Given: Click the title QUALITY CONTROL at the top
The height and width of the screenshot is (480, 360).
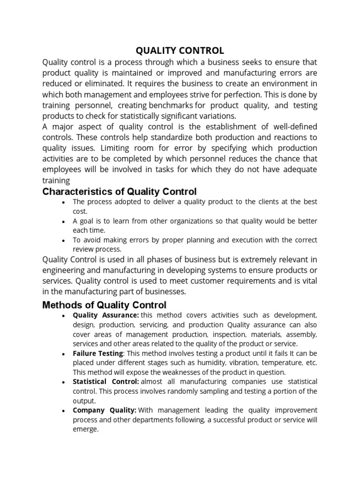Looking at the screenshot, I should coord(180,50).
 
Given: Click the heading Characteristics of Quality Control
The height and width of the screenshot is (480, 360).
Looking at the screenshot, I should coord(120,191).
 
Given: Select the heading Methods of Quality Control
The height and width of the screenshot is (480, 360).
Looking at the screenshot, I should coord(104,305).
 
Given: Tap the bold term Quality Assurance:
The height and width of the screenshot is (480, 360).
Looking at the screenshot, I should coord(106,315).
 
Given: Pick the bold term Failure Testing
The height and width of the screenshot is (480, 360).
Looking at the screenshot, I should coord(98,353).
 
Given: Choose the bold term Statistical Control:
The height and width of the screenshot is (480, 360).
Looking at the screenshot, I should coord(106,382).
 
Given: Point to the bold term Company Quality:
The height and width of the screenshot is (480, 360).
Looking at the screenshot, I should coord(105,410).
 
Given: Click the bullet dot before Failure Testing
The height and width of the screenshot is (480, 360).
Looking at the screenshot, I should coord(63,354).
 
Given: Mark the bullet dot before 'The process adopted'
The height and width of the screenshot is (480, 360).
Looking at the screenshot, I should coord(63,202).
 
